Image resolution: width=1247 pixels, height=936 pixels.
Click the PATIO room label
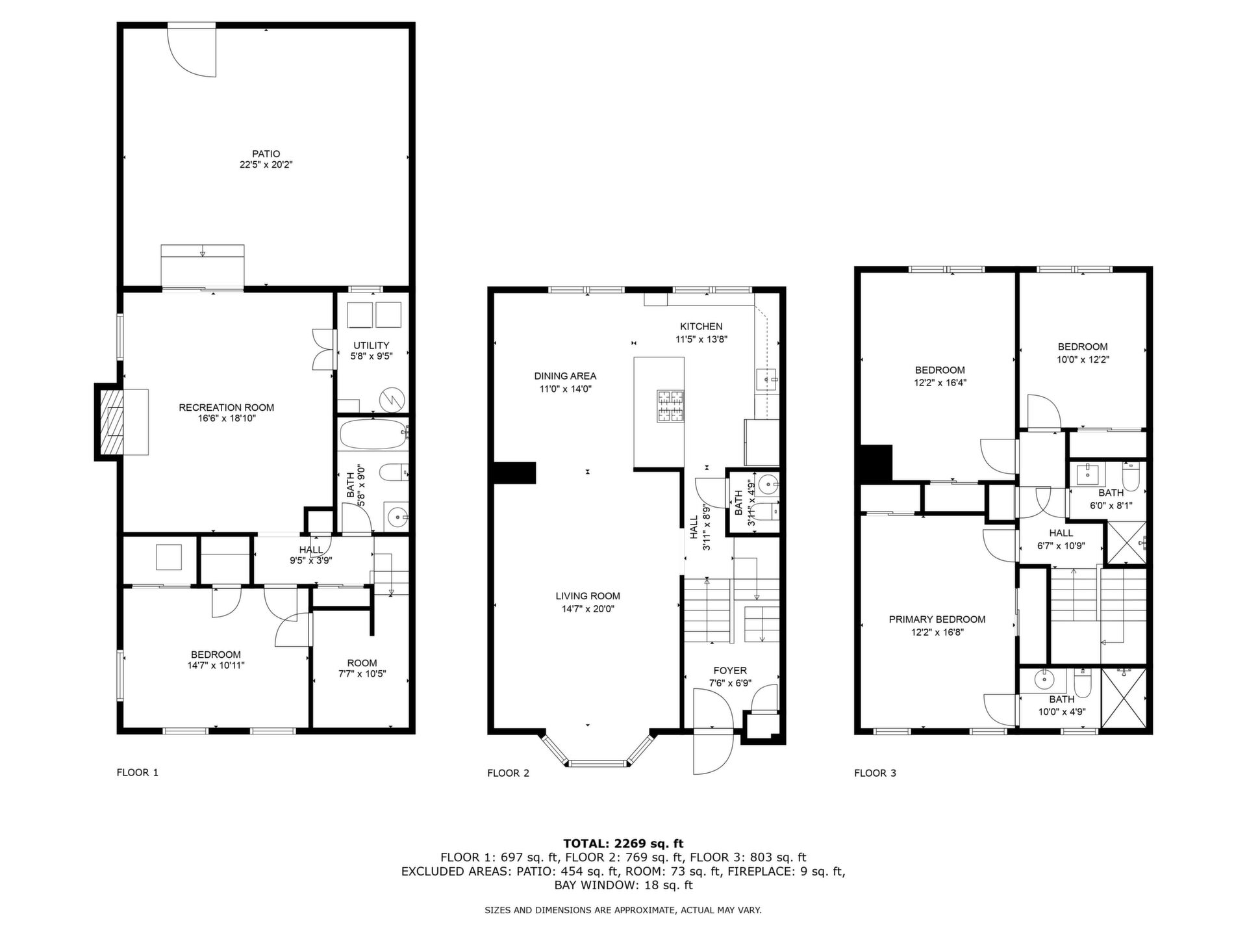266,154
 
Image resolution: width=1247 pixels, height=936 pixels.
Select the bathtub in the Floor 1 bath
372,434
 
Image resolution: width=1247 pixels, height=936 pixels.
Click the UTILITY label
372,345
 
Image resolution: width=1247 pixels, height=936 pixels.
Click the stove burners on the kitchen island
670,406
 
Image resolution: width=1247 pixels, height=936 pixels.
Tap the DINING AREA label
565,376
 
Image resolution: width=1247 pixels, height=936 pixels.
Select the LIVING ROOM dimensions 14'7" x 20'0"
588,609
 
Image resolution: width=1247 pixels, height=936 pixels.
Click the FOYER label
730,671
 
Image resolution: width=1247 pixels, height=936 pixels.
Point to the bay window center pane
598,764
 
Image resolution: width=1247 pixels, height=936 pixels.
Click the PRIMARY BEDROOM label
937,619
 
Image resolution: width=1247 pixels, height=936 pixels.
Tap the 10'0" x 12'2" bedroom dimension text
1083,359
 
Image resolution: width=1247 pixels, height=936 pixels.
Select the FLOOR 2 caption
509,773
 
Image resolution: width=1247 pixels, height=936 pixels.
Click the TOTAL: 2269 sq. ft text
623,844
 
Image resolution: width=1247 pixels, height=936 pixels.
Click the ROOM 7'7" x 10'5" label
362,668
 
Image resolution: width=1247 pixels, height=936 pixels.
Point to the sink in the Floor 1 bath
396,517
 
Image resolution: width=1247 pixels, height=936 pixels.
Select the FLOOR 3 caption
875,773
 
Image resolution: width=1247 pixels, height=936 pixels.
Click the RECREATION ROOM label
227,408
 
